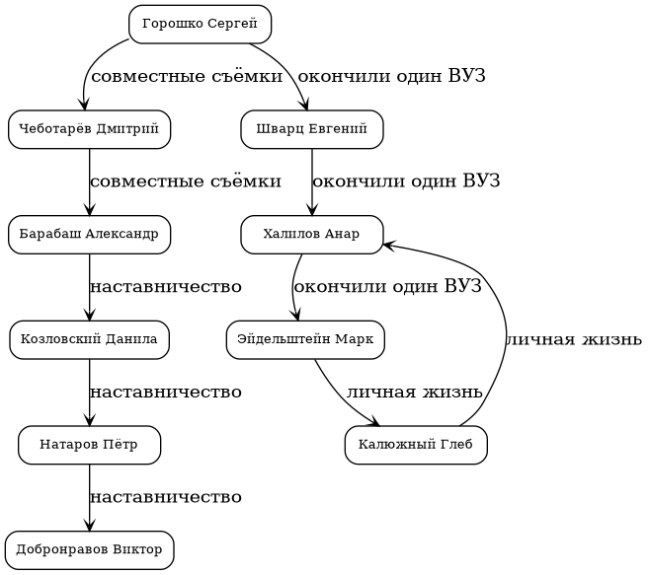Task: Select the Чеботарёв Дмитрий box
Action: coord(89,128)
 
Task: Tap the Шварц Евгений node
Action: coord(311,128)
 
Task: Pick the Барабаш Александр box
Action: coord(89,234)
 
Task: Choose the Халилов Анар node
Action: coord(311,234)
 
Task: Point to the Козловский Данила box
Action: coord(89,339)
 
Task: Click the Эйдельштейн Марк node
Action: coord(304,339)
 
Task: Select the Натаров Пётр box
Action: coord(89,445)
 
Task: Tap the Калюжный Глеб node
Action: coord(416,445)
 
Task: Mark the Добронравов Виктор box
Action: coord(89,550)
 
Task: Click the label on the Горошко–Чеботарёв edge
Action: coord(186,76)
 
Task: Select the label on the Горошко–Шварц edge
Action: coord(391,76)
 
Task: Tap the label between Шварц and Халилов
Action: coord(406,181)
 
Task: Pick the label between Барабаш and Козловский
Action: coord(166,287)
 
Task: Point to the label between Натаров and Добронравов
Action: coord(166,498)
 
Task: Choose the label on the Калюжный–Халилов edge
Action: coord(574,340)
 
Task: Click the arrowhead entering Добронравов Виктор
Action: coord(89,524)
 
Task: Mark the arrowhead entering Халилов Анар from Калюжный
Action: coord(389,243)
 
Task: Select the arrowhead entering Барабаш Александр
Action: coord(89,207)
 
